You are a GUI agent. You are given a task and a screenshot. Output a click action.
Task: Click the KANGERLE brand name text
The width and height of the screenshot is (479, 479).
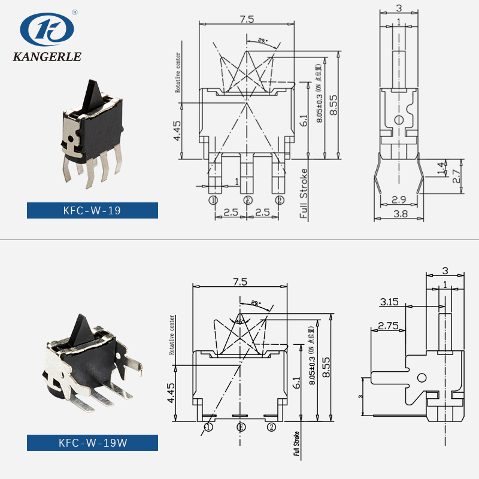tap(47, 57)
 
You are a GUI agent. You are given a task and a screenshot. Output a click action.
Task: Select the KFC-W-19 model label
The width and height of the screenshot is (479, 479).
tap(92, 211)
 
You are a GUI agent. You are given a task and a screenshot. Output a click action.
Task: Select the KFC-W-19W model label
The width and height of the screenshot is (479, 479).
tap(92, 443)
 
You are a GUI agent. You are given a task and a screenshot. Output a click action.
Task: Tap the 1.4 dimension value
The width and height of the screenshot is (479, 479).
tap(442, 168)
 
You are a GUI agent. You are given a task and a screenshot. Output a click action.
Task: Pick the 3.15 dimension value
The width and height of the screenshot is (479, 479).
tap(389, 302)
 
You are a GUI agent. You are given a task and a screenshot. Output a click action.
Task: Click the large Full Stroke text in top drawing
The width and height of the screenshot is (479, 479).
tap(304, 195)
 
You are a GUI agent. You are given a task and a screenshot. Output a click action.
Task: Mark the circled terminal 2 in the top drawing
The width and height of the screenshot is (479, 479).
tap(278, 200)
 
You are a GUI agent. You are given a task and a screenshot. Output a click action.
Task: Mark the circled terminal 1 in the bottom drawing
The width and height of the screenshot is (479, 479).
tap(208, 427)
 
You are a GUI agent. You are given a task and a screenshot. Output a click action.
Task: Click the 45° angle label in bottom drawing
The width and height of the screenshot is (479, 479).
tap(239, 321)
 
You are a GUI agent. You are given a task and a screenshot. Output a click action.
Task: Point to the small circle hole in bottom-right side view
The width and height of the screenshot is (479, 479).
tap(422, 378)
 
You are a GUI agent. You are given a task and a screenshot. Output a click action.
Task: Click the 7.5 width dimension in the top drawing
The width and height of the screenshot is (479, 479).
tap(247, 19)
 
